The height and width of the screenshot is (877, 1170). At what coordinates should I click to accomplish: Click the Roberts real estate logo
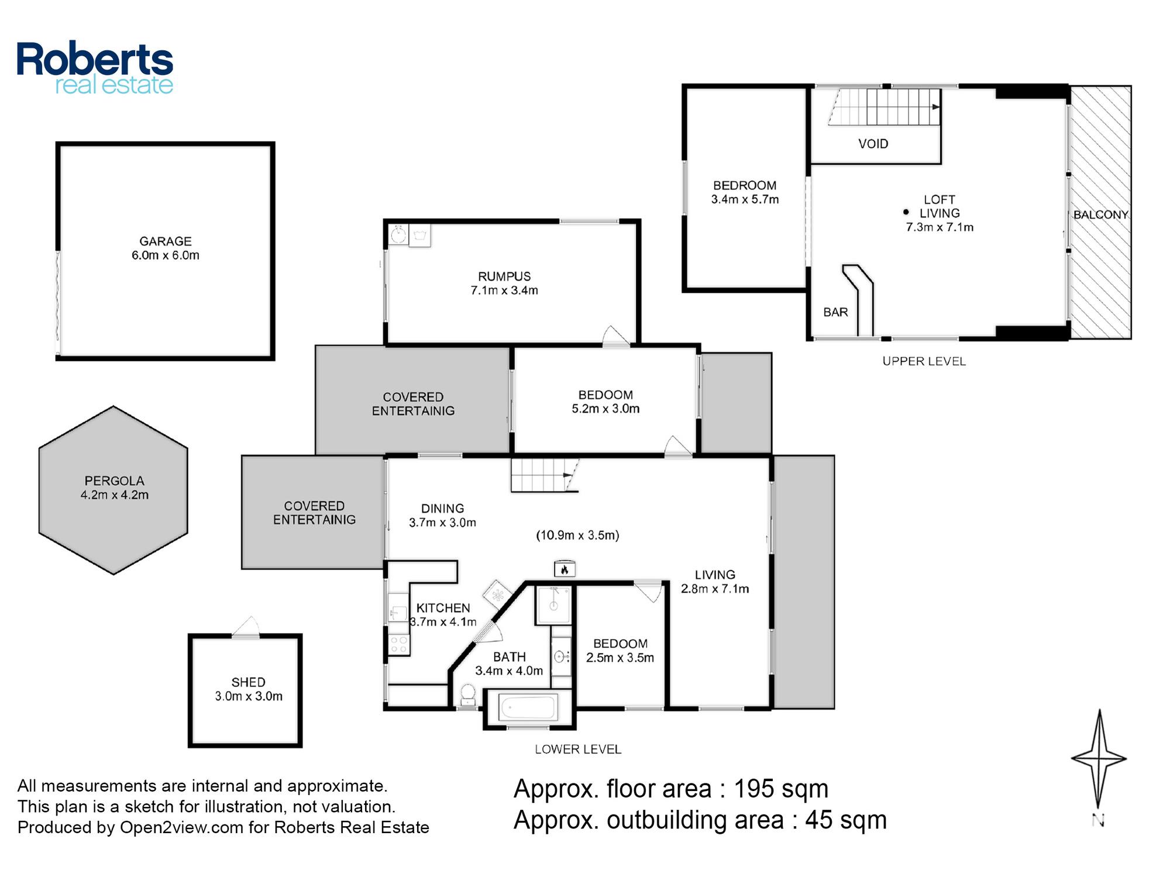(x=95, y=68)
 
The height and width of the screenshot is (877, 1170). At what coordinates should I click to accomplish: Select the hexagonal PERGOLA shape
(x=113, y=490)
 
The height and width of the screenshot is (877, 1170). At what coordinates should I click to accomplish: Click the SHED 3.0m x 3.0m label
(x=249, y=689)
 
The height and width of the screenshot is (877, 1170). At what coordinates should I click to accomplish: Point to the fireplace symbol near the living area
(x=565, y=569)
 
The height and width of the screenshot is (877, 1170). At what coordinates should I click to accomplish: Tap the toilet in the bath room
(x=467, y=695)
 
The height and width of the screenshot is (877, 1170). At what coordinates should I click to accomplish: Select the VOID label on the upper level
(x=873, y=144)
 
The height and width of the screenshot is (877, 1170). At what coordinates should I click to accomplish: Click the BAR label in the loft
(x=835, y=312)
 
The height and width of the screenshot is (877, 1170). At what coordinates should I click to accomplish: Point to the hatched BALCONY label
(x=1100, y=215)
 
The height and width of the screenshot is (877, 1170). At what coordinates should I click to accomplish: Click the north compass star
(x=1099, y=759)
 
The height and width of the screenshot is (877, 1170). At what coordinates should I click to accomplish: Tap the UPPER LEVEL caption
(x=924, y=361)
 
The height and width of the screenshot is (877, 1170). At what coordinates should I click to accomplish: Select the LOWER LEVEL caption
(x=578, y=749)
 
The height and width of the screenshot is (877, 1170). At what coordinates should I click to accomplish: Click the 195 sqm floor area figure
(x=781, y=789)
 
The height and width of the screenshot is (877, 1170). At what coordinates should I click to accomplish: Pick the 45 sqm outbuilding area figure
(x=846, y=820)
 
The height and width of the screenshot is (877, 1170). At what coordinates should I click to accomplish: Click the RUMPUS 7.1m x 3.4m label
(x=504, y=283)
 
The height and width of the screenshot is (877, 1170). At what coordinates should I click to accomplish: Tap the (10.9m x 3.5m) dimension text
(x=577, y=535)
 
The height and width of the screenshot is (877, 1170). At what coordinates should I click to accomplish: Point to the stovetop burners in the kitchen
(x=399, y=644)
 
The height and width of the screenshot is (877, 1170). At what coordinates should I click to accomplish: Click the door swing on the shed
(x=246, y=626)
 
